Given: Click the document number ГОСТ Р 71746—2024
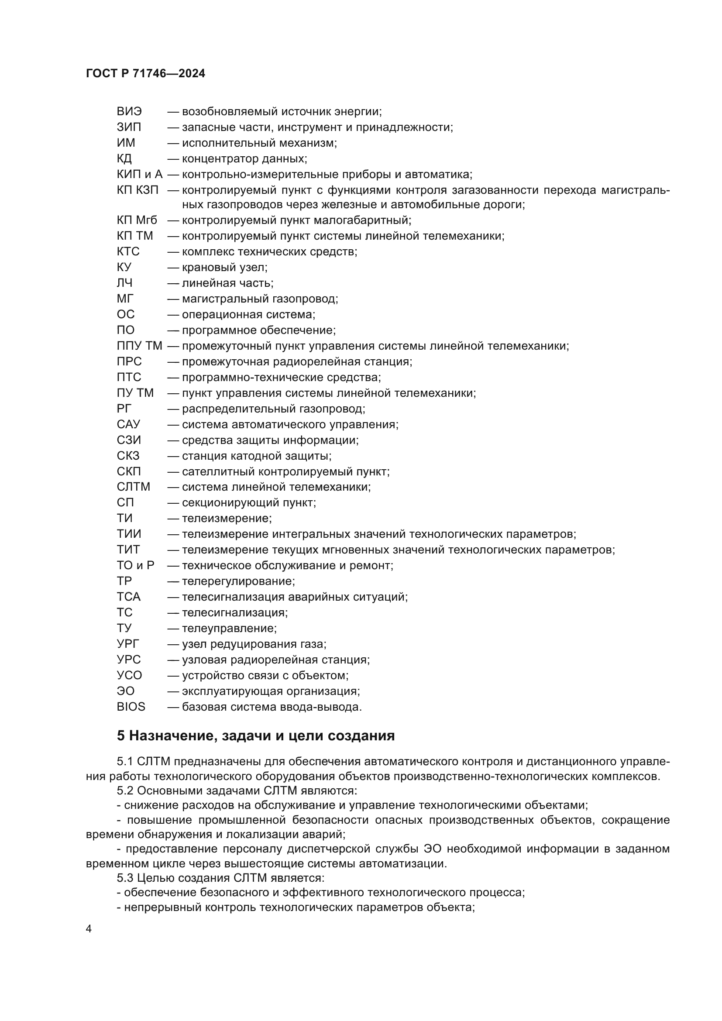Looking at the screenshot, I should [x=145, y=74].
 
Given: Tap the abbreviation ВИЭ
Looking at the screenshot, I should [x=129, y=112].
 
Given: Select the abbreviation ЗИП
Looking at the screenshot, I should [x=129, y=127].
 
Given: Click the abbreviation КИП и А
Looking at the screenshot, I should [x=140, y=174].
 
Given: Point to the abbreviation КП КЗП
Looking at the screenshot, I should [x=138, y=190].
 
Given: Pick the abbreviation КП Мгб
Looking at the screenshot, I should [x=137, y=220].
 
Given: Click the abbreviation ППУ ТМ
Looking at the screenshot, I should [x=140, y=346].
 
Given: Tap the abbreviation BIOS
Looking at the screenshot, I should [x=131, y=707].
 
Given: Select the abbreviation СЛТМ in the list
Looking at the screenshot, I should [x=134, y=487].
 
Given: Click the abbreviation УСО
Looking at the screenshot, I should [x=129, y=675].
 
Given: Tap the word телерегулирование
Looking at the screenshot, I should [x=237, y=581].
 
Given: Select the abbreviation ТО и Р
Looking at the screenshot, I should [x=136, y=566].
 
